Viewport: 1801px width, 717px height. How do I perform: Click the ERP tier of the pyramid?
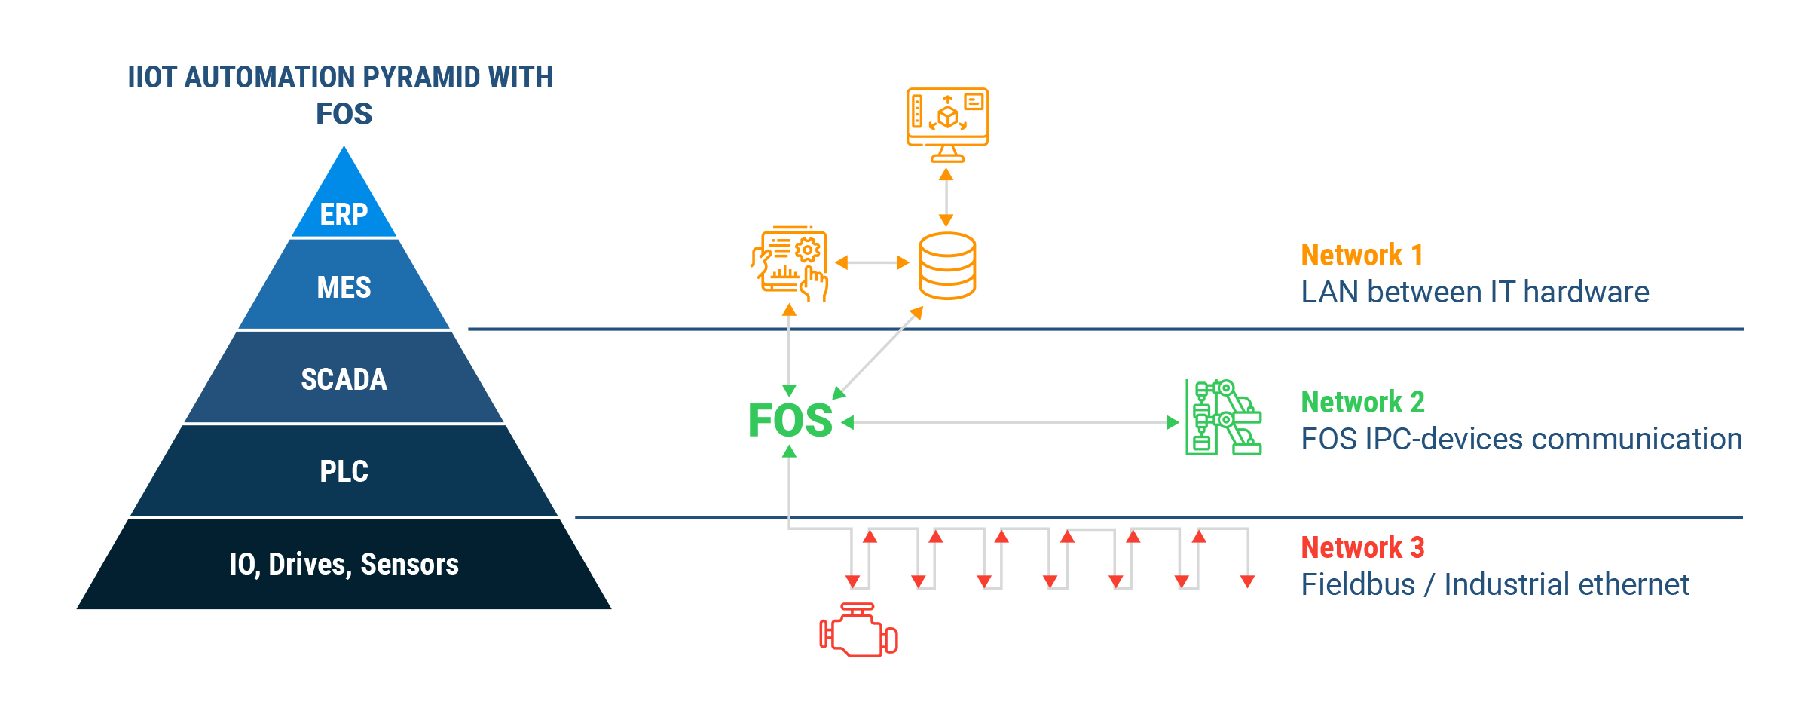click(x=344, y=204)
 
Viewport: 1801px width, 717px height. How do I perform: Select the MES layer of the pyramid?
click(x=344, y=285)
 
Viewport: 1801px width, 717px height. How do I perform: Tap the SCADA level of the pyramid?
click(x=344, y=377)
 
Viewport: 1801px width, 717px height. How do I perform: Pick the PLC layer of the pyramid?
click(x=344, y=470)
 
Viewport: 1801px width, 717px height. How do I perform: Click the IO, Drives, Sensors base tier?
click(x=344, y=564)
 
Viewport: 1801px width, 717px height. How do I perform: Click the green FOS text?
click(x=790, y=420)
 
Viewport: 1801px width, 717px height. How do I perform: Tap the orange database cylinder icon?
click(x=947, y=265)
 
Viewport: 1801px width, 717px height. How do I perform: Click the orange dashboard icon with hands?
click(x=790, y=264)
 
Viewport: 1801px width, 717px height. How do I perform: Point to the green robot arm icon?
click(x=1223, y=417)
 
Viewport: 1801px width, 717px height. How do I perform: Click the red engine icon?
click(x=858, y=630)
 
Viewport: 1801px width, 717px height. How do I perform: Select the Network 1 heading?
click(x=1362, y=255)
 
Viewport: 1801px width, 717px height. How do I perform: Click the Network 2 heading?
click(x=1362, y=402)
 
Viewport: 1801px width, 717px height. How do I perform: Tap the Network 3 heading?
click(x=1362, y=547)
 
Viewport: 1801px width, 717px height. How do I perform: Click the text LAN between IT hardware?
click(x=1475, y=292)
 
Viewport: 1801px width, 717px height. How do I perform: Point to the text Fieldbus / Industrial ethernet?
click(x=1495, y=584)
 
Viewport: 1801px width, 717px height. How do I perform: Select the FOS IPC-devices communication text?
click(x=1521, y=439)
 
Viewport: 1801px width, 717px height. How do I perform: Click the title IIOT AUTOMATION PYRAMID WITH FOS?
click(x=341, y=95)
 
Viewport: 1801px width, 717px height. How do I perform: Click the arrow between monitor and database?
click(x=946, y=197)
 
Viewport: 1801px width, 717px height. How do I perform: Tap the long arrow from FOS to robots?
click(x=1010, y=422)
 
